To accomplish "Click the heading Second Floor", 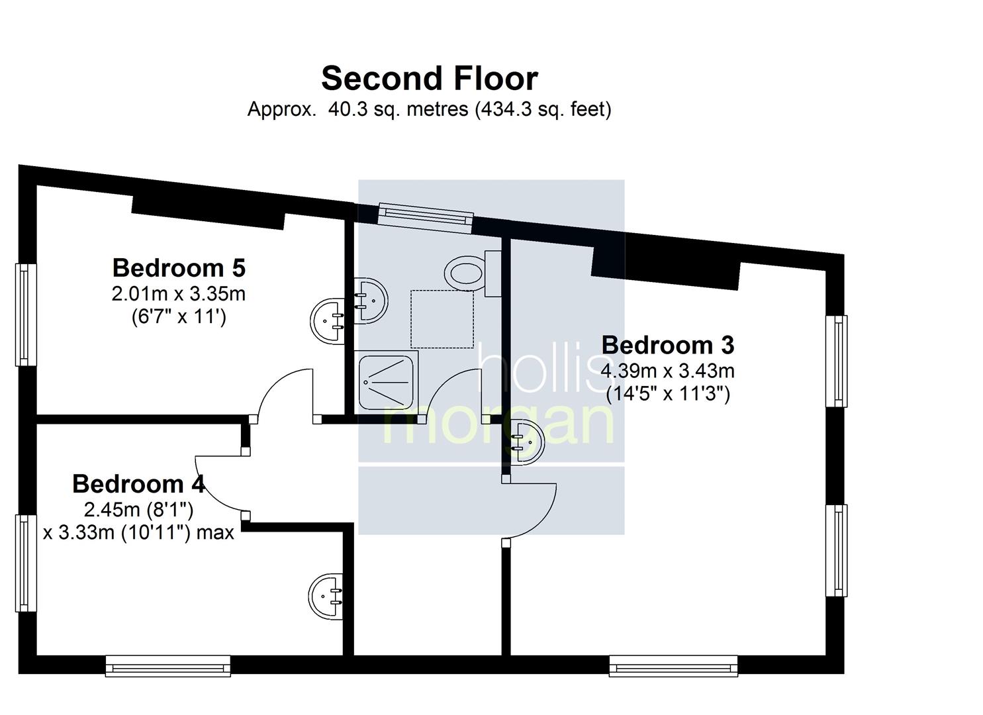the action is [x=430, y=79].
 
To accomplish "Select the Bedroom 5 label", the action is [x=179, y=267].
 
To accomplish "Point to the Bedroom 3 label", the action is [x=667, y=345].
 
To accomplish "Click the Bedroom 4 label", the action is [x=138, y=484].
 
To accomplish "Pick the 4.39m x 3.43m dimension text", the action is [x=667, y=371].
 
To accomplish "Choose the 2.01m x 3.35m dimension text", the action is [x=179, y=294].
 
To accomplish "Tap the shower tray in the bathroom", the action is [x=386, y=383].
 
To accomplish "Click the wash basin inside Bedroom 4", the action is [x=326, y=596].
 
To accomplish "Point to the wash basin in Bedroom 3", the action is [x=528, y=441].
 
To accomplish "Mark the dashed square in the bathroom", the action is [x=442, y=319].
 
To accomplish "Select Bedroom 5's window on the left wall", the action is [x=26, y=314].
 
